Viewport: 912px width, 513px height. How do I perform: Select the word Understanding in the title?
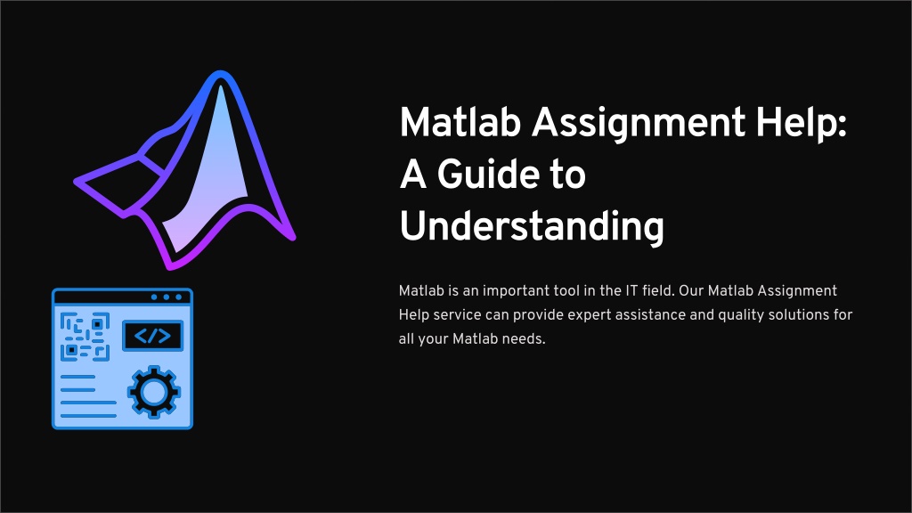[532, 227]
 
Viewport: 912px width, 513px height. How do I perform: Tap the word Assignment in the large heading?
[639, 124]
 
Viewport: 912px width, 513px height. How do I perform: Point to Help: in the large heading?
[802, 123]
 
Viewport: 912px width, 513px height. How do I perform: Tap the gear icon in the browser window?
[154, 392]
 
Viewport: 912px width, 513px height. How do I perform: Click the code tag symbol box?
[152, 336]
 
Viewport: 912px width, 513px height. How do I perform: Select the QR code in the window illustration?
[85, 337]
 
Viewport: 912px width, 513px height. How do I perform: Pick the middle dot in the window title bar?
[167, 297]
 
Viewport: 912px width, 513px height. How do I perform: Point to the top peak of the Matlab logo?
[221, 73]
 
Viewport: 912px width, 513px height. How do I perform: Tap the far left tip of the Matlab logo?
[76, 182]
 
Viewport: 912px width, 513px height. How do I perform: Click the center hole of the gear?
[154, 392]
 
